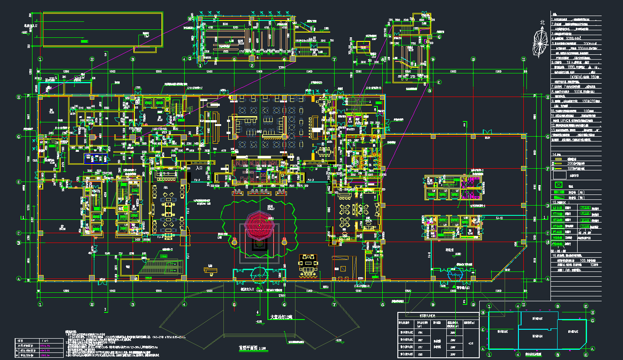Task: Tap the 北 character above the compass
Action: (542, 23)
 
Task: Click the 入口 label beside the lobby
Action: (199, 169)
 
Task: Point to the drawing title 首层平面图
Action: (246, 348)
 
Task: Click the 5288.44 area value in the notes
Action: (574, 39)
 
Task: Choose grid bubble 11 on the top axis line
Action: (524, 59)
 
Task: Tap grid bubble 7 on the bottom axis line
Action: (334, 304)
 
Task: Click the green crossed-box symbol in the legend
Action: (558, 185)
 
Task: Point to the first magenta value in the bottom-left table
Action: (46, 345)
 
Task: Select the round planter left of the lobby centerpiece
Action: (234, 242)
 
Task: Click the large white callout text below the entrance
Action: (281, 317)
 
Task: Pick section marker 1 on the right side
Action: (546, 218)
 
